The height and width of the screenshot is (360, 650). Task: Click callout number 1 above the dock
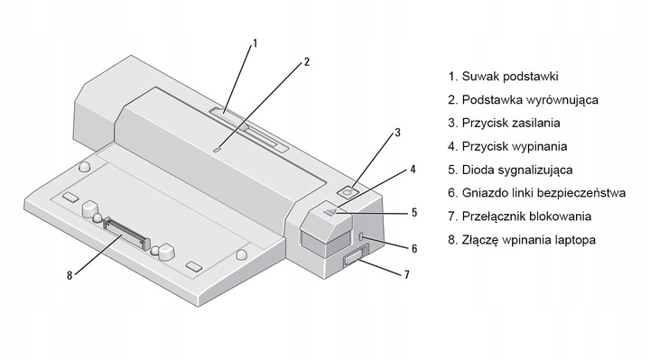pyautogui.click(x=255, y=42)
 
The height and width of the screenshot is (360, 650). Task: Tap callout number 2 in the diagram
pyautogui.click(x=307, y=62)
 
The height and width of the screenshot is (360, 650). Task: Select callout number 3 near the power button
pyautogui.click(x=395, y=134)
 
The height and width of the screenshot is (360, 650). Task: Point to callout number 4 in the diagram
pyautogui.click(x=413, y=168)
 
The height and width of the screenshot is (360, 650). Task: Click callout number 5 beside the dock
pyautogui.click(x=413, y=213)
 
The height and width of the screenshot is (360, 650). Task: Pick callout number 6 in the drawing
pyautogui.click(x=414, y=247)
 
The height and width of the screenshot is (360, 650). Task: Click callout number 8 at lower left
pyautogui.click(x=69, y=275)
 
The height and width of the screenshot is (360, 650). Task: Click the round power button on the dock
pyautogui.click(x=351, y=191)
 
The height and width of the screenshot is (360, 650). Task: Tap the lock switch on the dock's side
pyautogui.click(x=350, y=263)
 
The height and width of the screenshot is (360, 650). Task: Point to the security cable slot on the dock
pyautogui.click(x=362, y=236)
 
